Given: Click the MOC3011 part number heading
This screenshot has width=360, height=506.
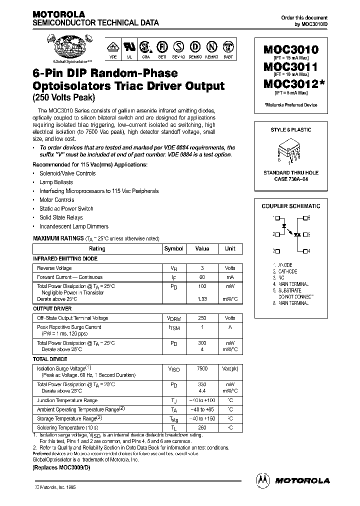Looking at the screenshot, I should pos(290,67).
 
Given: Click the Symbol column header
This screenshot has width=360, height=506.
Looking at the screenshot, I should pos(173,248).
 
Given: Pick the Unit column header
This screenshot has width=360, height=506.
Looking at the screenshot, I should pos(230,248).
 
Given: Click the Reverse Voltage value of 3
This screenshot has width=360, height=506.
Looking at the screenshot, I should pos(202,268).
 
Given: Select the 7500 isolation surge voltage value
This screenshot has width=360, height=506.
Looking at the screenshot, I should pos(202,368).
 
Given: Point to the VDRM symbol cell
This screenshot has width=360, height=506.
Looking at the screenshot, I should pos(173,318).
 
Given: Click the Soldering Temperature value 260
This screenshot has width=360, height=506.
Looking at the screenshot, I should pos(202,427).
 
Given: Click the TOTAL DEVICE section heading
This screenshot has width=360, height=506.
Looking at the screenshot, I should pos(50,359).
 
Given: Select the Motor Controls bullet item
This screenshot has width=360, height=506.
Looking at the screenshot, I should pos(57,200).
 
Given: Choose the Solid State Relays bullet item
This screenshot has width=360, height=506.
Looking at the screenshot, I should pos(61,217).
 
